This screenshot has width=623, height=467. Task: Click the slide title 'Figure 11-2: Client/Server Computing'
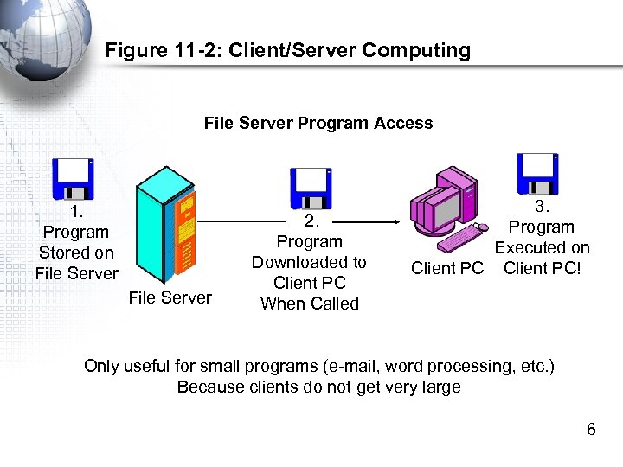[287, 50]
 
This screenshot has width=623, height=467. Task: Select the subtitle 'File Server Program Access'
[318, 123]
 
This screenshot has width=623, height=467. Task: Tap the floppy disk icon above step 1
[74, 179]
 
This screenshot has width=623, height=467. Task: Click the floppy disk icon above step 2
[311, 189]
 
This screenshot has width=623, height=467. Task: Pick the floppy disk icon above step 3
[536, 174]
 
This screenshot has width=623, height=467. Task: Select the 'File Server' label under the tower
[170, 297]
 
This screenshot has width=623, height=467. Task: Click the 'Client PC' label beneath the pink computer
[446, 268]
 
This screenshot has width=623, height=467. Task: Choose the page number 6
[591, 429]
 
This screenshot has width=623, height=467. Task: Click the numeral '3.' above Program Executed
[542, 206]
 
